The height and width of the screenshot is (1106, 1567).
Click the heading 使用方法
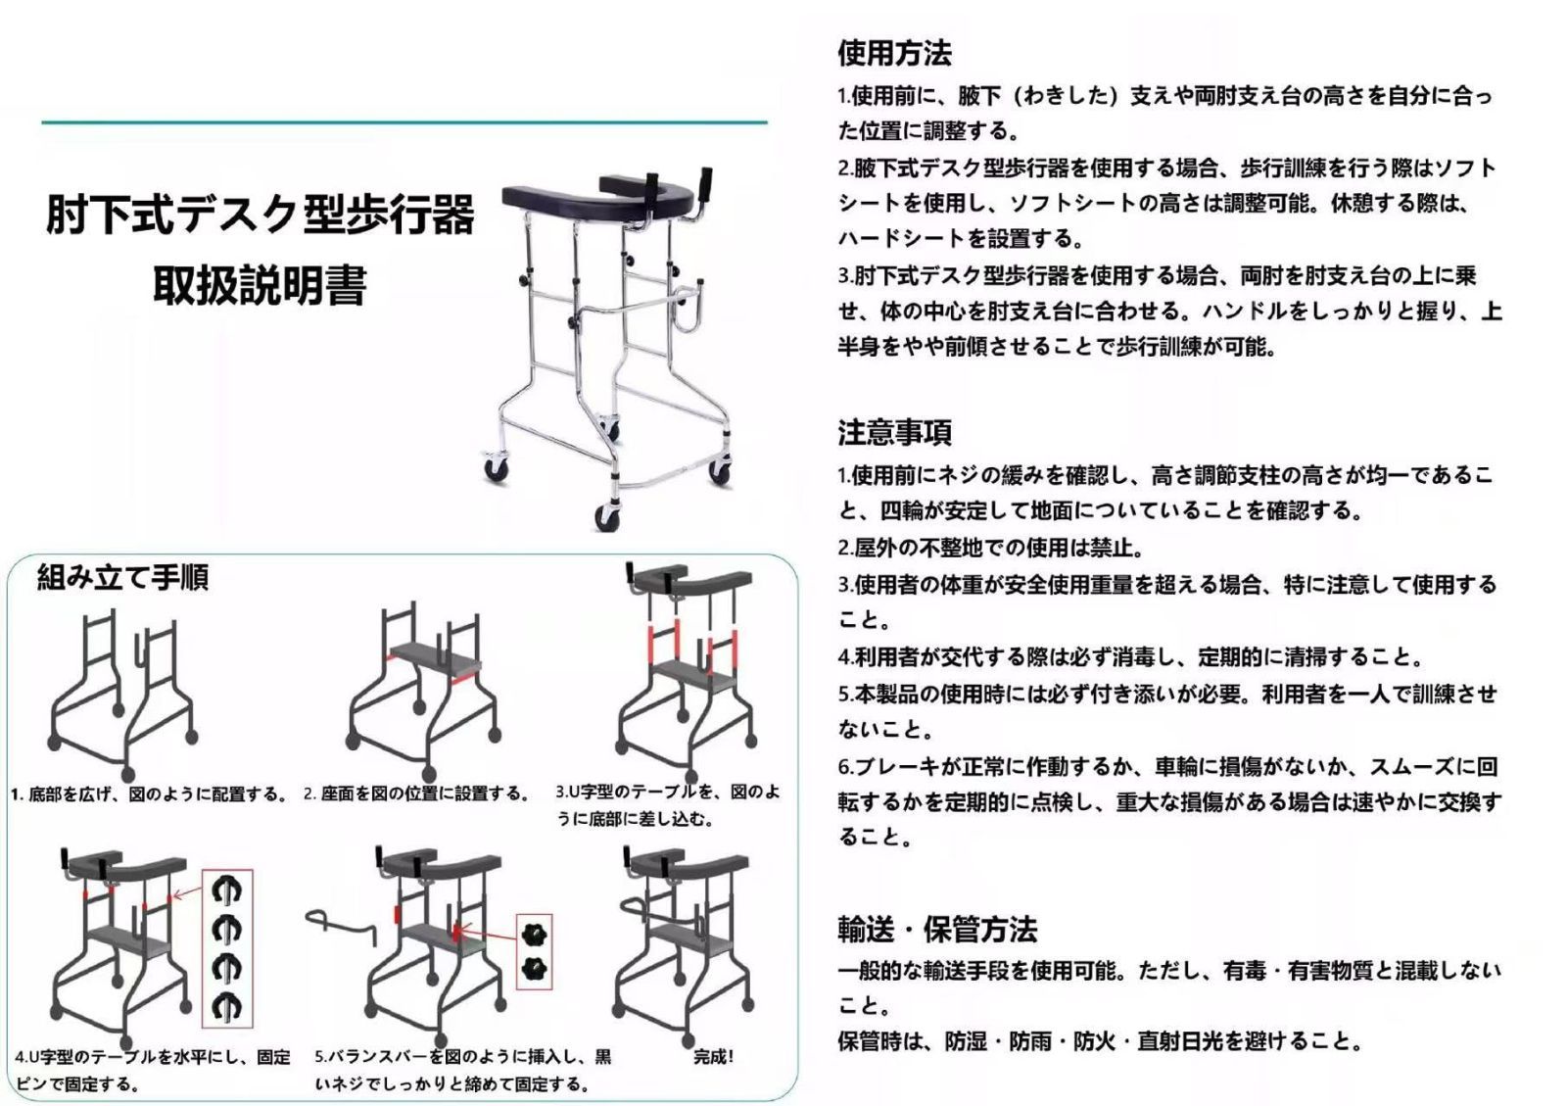click(x=893, y=53)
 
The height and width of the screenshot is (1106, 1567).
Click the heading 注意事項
click(x=893, y=432)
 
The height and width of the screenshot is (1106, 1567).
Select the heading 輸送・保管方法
click(x=936, y=928)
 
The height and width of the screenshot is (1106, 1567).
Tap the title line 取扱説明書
click(x=260, y=285)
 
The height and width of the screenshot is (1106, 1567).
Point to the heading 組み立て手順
click(x=122, y=578)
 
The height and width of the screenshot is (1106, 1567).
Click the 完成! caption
click(x=713, y=1057)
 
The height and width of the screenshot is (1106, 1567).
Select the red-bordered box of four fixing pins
click(x=227, y=947)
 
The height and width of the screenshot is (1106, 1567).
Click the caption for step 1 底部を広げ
click(x=149, y=794)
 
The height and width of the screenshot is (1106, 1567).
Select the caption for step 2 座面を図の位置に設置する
click(x=416, y=793)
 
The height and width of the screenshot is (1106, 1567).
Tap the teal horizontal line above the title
click(x=404, y=123)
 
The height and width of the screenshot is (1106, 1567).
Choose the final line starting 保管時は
click(x=1099, y=1041)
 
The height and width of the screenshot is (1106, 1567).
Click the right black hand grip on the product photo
click(x=704, y=184)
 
